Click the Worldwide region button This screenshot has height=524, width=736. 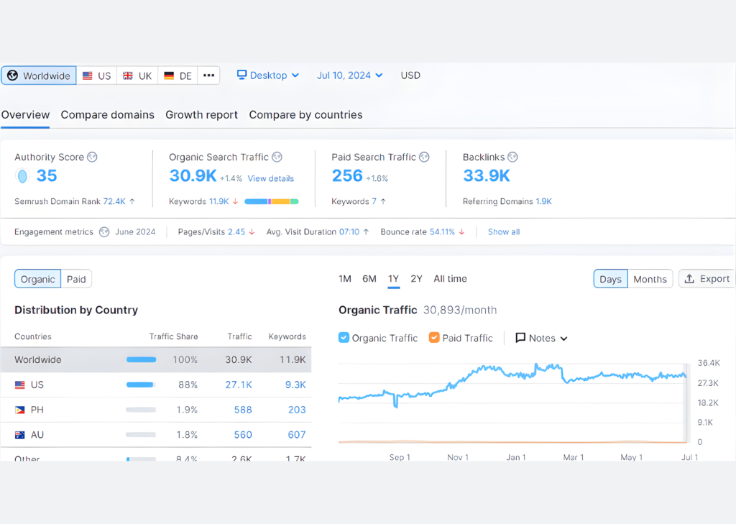(39, 75)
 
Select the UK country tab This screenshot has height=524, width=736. (137, 75)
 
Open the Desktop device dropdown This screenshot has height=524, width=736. (268, 75)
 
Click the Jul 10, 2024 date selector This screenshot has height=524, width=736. (349, 75)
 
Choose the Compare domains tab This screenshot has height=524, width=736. (107, 115)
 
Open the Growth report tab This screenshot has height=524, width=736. (201, 115)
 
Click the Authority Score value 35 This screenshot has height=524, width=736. (47, 176)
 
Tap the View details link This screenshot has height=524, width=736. (271, 178)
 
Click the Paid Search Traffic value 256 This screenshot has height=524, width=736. (347, 176)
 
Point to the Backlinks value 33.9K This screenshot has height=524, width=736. (487, 176)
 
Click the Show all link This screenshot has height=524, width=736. (504, 232)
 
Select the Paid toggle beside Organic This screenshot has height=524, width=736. (76, 280)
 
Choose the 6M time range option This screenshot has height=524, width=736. (369, 279)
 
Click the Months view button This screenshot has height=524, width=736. (650, 280)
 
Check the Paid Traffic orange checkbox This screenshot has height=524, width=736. (434, 338)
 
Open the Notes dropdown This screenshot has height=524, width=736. (541, 338)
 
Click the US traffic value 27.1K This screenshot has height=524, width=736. (239, 385)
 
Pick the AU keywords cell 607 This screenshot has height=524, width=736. (296, 435)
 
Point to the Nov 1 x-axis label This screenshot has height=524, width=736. (458, 457)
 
